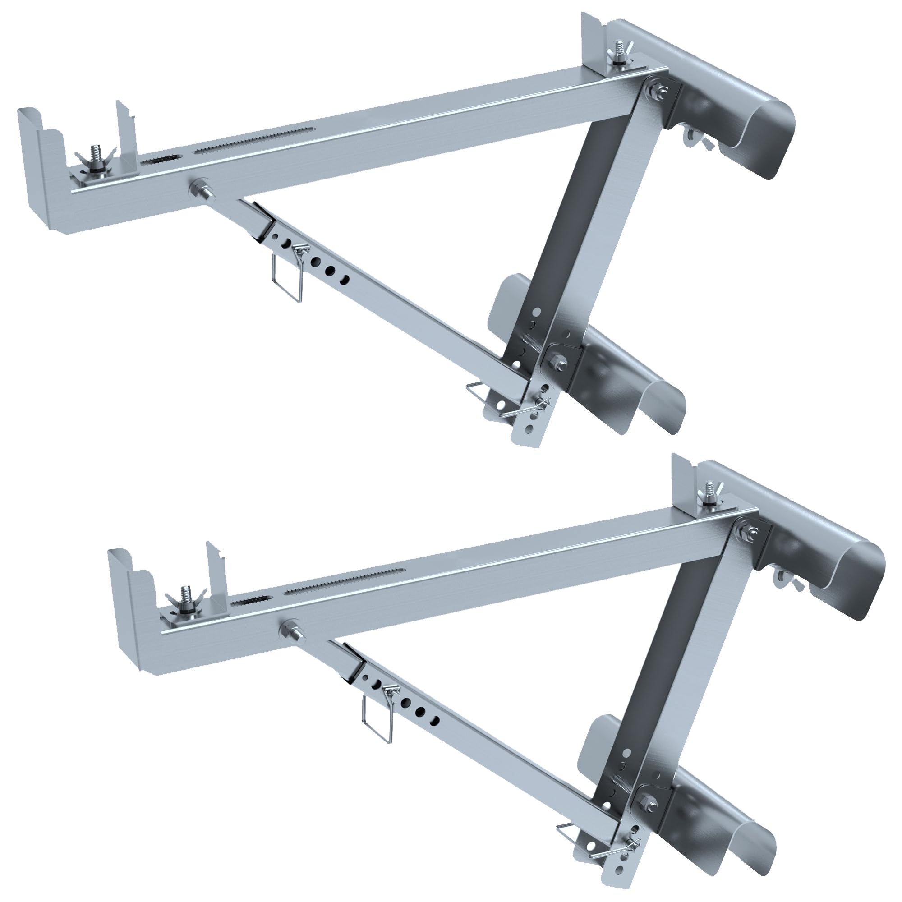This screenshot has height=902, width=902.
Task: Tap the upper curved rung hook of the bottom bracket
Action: tap(840, 574)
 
